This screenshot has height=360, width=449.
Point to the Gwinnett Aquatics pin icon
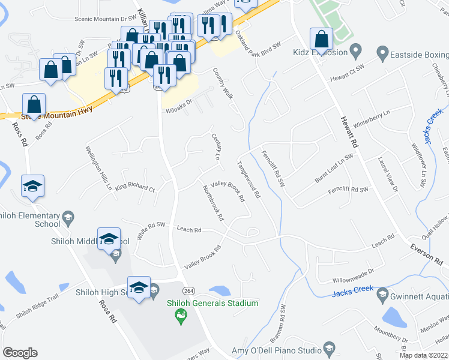point(382,293)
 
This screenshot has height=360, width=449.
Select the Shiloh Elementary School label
point(30,220)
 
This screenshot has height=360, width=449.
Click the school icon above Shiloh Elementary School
point(32,187)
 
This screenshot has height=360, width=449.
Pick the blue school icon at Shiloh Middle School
point(108,239)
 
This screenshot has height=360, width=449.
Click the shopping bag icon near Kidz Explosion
point(321,40)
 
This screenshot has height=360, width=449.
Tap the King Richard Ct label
point(135,187)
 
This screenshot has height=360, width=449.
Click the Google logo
point(20,353)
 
